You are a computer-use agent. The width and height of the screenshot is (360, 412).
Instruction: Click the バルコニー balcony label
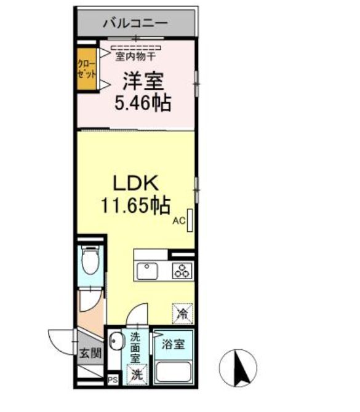pos(135,24)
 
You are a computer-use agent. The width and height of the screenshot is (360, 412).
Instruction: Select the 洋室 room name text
pos(142,81)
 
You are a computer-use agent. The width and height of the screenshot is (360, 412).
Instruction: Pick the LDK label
pos(135,183)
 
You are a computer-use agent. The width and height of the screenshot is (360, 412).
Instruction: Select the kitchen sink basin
pos(148,269)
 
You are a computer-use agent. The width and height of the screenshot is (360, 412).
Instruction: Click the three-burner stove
pos(182,269)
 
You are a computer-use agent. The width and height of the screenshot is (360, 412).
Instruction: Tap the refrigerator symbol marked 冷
pos(183,312)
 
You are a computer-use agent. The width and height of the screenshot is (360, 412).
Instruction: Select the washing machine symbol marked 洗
pos(136,373)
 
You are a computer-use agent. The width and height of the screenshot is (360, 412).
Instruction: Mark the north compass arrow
pos(238,368)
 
